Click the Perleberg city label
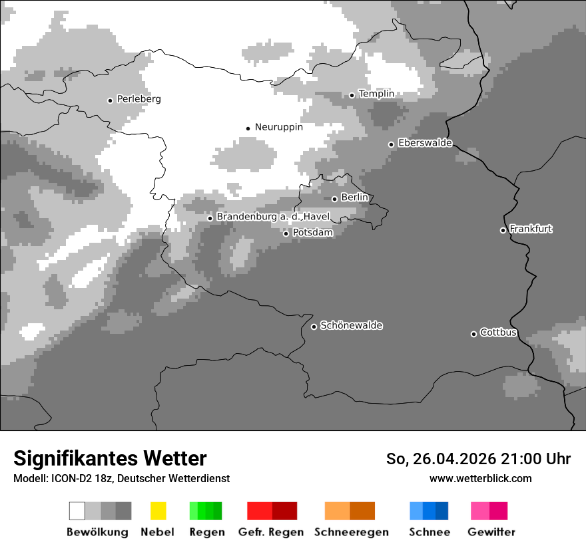click(139, 99)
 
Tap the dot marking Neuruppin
click(248, 128)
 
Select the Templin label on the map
click(376, 94)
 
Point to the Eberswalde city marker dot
click(392, 144)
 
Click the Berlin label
click(354, 198)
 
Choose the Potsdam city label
click(312, 233)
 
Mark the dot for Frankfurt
click(503, 231)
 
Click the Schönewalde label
click(351, 325)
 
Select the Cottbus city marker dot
click(473, 334)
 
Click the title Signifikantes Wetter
click(110, 458)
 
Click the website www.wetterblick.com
click(480, 478)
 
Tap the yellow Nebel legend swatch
click(158, 511)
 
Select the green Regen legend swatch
click(205, 511)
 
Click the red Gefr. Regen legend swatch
click(272, 511)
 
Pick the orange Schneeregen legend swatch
click(350, 511)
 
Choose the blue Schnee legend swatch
click(429, 511)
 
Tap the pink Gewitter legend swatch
click(489, 511)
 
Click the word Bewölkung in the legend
click(97, 532)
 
